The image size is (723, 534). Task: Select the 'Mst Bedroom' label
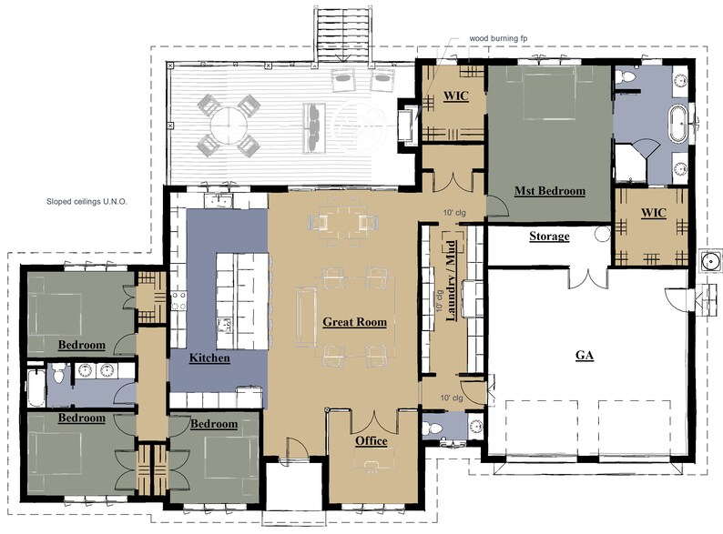click(549, 191)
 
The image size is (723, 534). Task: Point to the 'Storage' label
click(549, 237)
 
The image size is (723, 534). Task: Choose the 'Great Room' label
click(355, 322)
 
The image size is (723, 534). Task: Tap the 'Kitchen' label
click(209, 358)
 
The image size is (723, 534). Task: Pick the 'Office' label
click(371, 441)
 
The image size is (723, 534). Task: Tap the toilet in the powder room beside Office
click(434, 428)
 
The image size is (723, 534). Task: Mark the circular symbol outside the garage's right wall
click(708, 258)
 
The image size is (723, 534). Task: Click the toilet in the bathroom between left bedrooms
click(59, 372)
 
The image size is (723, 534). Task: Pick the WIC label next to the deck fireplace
click(455, 96)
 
